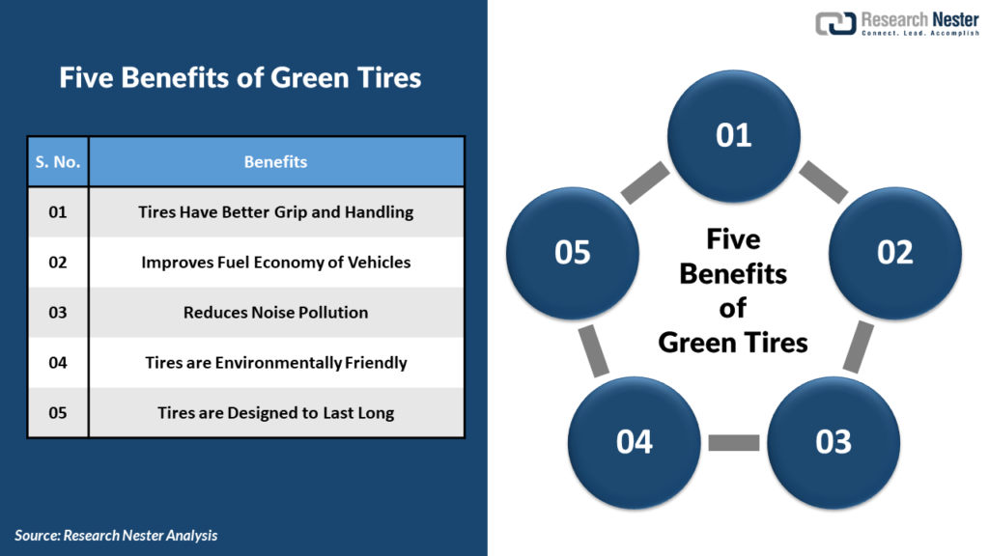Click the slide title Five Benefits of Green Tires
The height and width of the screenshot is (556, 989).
point(240,77)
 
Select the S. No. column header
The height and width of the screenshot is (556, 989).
point(58,162)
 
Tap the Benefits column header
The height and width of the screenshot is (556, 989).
point(275,162)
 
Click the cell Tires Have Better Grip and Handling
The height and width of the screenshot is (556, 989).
point(275,212)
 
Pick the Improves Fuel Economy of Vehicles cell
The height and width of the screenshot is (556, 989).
point(275,263)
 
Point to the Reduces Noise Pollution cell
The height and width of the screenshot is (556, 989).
point(275,313)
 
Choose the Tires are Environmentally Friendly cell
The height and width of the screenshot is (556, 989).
point(275,363)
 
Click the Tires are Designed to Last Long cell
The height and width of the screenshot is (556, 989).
point(275,413)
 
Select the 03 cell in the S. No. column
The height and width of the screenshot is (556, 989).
point(58,313)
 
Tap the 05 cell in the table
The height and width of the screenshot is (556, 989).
point(58,413)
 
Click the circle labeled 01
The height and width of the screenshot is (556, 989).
point(734,135)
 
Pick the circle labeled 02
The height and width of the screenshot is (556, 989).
point(895,252)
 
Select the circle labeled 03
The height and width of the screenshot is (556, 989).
point(834,442)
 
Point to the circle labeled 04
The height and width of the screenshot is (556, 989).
point(635,442)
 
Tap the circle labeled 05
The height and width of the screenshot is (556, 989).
point(573,252)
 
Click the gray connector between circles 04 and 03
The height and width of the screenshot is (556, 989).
point(734,443)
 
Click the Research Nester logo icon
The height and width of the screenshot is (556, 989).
point(835,24)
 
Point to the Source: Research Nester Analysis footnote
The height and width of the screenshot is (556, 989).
point(116,535)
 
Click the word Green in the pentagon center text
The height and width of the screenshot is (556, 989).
point(702,342)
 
